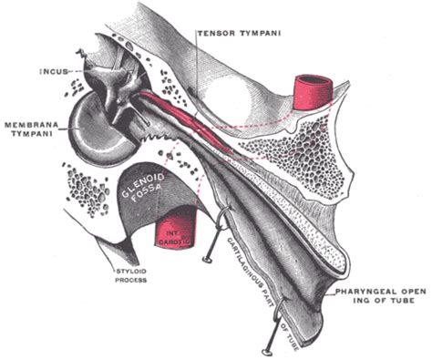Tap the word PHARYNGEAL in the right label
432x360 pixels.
pos(363,292)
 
